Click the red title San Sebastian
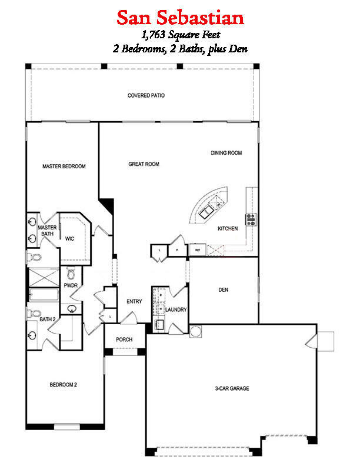point(180,17)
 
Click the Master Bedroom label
point(64,167)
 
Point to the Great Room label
point(144,164)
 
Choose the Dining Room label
point(226,153)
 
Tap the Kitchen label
point(228,228)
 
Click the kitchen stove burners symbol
point(251,219)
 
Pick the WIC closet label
point(69,238)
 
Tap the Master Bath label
point(47,231)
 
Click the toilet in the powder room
point(71,274)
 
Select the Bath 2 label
point(47,319)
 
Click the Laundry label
point(176,309)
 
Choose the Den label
point(223,290)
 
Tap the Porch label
point(124,339)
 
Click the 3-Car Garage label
point(232,388)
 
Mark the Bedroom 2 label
point(63,385)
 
